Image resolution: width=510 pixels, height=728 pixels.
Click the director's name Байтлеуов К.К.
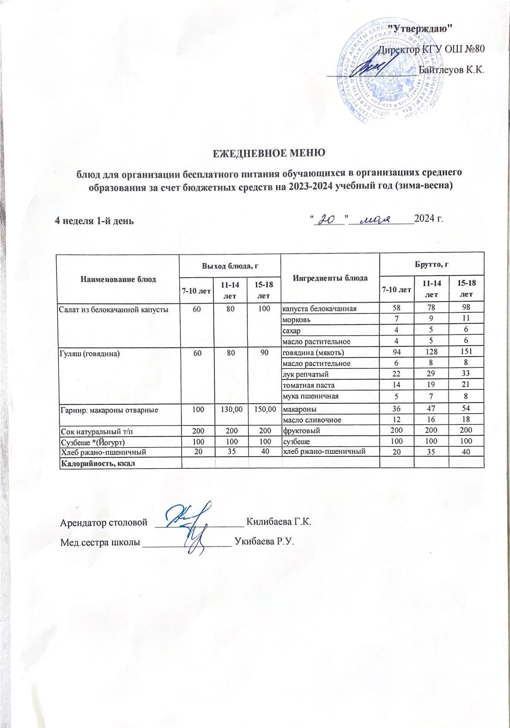pos(451,69)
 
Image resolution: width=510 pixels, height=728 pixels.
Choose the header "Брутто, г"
pos(432,264)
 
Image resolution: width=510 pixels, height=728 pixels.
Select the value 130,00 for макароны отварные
pos(230,410)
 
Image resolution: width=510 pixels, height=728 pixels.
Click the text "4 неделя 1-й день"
pos(94,220)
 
